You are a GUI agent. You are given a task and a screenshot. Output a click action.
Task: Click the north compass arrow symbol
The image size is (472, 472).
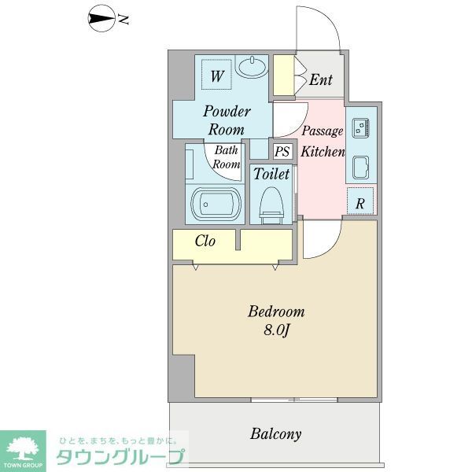[101, 19]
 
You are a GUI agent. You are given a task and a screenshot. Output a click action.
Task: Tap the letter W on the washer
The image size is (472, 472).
[218, 76]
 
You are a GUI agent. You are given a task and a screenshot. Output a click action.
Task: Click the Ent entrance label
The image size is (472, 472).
[319, 79]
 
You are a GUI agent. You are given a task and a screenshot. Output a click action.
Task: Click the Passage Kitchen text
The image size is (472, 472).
[323, 142]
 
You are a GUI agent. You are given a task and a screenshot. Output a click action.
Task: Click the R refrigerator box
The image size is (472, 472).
[360, 203]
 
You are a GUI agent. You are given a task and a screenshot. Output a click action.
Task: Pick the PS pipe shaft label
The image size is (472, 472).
[282, 151]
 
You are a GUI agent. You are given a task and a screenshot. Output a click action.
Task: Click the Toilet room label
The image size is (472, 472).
[271, 174]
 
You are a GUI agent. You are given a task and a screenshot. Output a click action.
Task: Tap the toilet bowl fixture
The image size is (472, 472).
[271, 204]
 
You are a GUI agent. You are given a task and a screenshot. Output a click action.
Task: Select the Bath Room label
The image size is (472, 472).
[227, 157]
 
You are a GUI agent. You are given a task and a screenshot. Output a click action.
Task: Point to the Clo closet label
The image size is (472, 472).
[205, 242]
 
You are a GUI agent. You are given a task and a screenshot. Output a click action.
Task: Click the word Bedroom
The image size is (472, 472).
[276, 312]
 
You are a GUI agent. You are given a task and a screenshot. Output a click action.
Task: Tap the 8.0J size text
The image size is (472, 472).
[276, 331]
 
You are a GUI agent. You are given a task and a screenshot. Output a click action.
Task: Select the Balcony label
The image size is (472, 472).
[276, 433]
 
